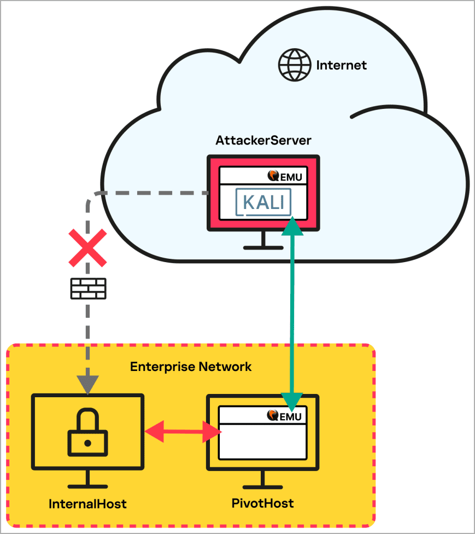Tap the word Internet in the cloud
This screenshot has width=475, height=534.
click(341, 66)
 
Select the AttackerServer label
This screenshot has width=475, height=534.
click(263, 140)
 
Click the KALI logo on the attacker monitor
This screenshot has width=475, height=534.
click(264, 202)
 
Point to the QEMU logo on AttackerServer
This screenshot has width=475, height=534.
click(285, 176)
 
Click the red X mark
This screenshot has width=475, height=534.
click(87, 248)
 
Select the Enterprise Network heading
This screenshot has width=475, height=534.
click(191, 367)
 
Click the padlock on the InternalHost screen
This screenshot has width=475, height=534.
click(87, 432)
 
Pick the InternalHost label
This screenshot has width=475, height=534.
click(87, 504)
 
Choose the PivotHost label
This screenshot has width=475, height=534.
click(263, 503)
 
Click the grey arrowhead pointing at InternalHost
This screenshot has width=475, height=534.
click(87, 384)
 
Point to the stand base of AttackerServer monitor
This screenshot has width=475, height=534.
click(263, 247)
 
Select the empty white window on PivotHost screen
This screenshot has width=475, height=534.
click(262, 440)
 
